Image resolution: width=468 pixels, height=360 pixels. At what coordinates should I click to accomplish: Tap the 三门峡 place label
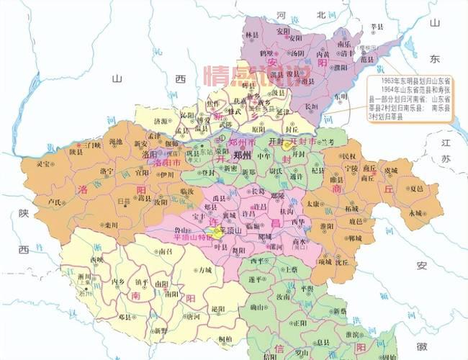[91, 144]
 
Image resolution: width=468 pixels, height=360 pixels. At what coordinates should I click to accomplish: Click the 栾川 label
[110, 224]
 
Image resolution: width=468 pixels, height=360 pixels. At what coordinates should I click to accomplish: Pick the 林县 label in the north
[252, 34]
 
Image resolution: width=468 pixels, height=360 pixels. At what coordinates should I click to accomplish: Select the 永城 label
[415, 213]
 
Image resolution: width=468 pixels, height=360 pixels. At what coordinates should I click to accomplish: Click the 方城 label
[206, 270]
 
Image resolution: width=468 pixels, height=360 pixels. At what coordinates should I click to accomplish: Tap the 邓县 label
[125, 316]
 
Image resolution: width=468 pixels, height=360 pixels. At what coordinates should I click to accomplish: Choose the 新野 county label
[160, 330]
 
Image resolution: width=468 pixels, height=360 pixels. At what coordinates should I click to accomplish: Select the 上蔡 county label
[292, 268]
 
